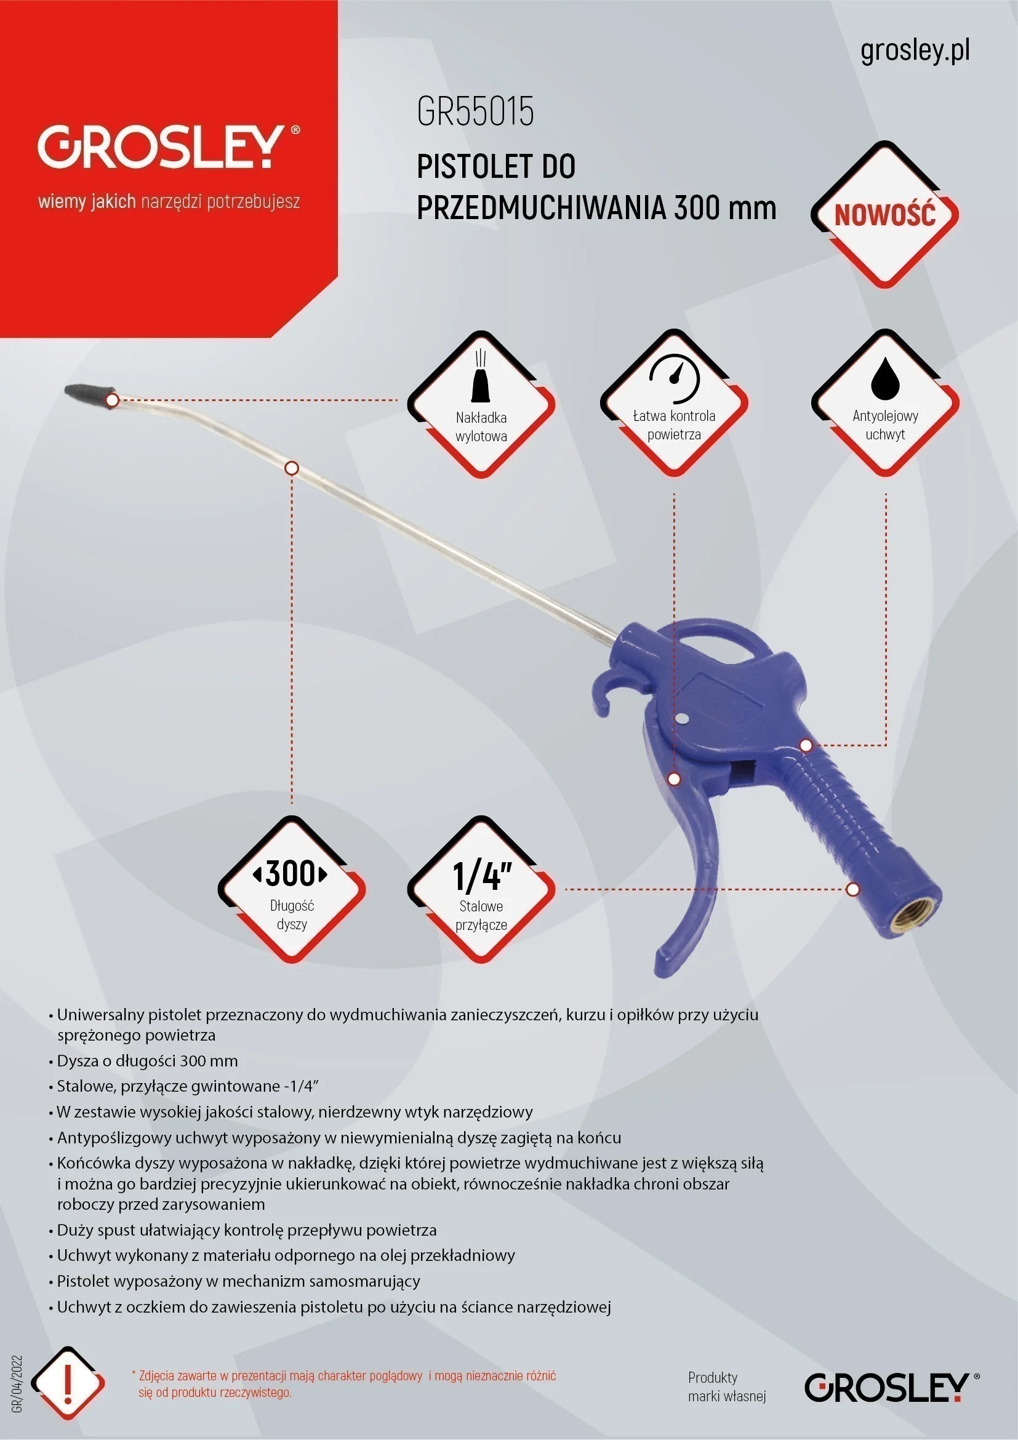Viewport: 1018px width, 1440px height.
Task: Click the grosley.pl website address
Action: tap(915, 51)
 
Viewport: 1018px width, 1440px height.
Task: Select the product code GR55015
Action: tap(475, 111)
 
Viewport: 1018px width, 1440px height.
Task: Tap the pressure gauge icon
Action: tap(675, 379)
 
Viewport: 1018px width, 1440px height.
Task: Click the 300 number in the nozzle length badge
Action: tap(291, 874)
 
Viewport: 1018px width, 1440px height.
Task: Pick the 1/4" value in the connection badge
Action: tap(481, 876)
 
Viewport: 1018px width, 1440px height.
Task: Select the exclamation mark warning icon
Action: tap(68, 1383)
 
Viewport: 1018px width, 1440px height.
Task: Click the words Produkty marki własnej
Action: tap(726, 1386)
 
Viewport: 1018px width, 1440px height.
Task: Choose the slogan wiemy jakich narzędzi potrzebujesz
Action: tap(169, 202)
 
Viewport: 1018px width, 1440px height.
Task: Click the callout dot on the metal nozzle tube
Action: tap(292, 468)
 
